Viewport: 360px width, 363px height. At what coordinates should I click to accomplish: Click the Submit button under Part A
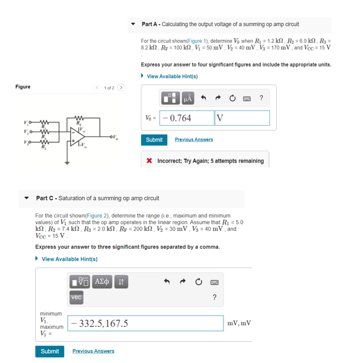click(x=154, y=140)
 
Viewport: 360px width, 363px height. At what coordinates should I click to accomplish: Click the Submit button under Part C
click(x=50, y=351)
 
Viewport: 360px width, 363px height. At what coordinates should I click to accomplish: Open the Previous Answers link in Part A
click(x=193, y=140)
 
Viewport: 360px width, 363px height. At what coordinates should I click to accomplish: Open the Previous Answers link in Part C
click(x=93, y=351)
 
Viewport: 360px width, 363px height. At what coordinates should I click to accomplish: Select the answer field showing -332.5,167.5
click(x=145, y=323)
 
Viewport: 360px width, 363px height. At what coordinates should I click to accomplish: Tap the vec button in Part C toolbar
click(x=76, y=297)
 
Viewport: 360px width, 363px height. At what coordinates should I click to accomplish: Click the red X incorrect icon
click(x=149, y=161)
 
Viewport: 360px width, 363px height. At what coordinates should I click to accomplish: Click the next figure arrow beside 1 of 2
click(x=121, y=88)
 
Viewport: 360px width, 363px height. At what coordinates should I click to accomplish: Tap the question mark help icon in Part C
click(x=214, y=297)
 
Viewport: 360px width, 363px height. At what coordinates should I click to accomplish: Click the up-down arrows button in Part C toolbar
click(x=120, y=281)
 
